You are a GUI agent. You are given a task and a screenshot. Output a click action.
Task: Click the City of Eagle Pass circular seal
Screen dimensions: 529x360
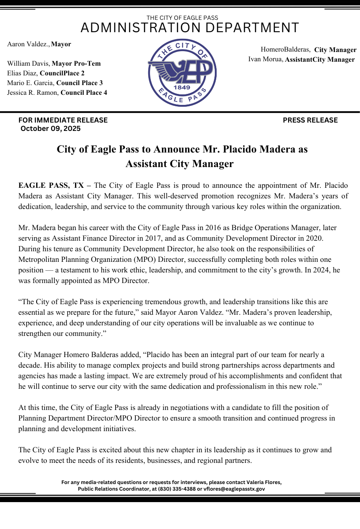(182, 73)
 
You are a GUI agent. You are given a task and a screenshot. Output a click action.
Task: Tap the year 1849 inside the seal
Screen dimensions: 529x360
(182, 87)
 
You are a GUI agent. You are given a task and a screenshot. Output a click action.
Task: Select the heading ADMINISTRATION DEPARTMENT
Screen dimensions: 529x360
(190, 28)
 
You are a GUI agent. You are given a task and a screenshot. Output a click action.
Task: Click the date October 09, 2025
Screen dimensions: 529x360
(50, 129)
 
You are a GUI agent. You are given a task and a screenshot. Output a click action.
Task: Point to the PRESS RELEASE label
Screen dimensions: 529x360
(310, 120)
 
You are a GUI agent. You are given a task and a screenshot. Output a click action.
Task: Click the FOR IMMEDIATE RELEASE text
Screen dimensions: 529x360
(63, 120)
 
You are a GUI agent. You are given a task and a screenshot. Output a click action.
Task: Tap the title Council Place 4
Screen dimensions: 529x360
(84, 93)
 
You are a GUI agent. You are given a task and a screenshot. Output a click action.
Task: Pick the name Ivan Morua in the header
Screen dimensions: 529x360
(265, 59)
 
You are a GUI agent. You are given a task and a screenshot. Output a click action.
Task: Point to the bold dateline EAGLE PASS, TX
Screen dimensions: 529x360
(51, 185)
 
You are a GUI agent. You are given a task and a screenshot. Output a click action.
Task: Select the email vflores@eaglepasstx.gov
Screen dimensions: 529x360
(235, 489)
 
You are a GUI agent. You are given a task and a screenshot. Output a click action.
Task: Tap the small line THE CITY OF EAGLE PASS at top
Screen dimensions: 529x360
(182, 18)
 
